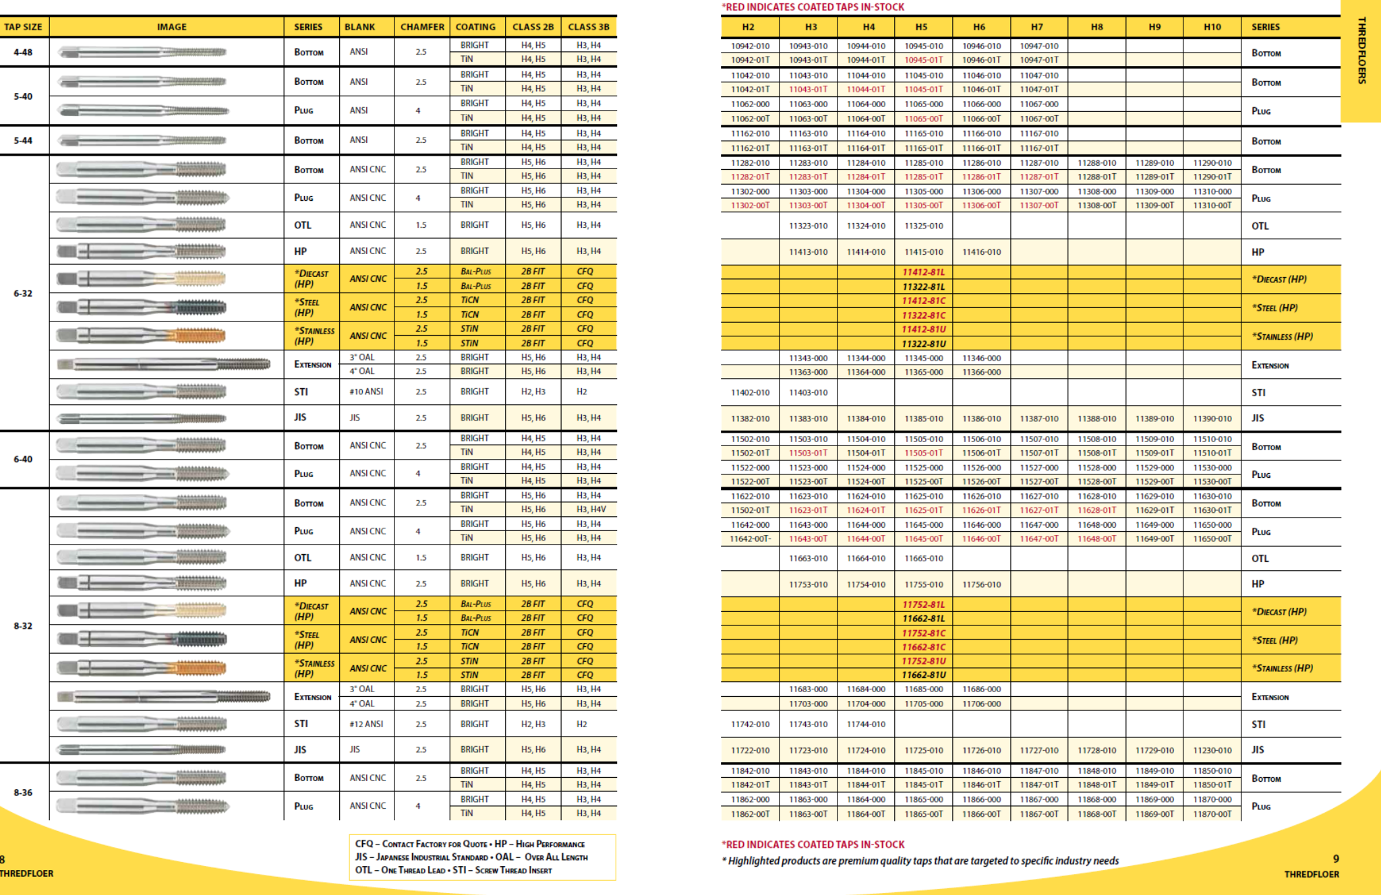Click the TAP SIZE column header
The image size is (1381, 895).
24,27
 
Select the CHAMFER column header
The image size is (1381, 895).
422,27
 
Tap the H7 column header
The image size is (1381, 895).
1037,27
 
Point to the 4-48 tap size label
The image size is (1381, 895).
23,52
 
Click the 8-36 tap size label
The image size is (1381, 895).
23,793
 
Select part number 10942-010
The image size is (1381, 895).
750,46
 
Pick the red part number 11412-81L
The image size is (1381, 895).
924,272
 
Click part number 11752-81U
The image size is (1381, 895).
924,661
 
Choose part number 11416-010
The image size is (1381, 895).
982,252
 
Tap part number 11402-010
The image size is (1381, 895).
750,392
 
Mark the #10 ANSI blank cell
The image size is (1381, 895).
366,392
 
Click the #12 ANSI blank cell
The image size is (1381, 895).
366,724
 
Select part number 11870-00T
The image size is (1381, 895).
1212,814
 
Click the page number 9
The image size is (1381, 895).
1336,859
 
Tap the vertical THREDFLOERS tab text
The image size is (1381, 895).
1361,51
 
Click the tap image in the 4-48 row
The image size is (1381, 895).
142,52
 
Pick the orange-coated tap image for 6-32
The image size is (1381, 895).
142,335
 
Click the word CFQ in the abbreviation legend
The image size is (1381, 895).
364,844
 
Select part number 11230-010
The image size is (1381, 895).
1212,750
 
